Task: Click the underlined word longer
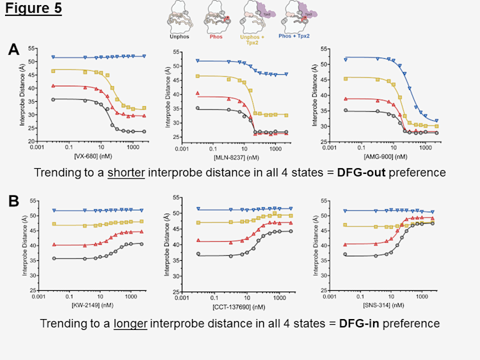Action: click(x=131, y=324)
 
